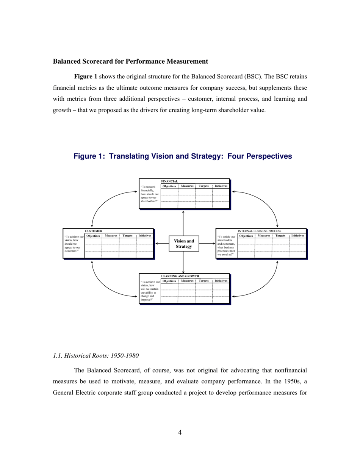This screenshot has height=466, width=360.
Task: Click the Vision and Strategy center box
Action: [x=184, y=244]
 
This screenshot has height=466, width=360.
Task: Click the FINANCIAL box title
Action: [x=169, y=181]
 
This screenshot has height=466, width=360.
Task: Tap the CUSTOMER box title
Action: [x=94, y=231]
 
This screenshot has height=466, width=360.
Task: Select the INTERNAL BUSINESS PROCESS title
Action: [x=259, y=231]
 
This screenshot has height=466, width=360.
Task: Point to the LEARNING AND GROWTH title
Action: [x=180, y=276]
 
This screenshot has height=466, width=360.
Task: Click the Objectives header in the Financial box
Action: [x=169, y=186]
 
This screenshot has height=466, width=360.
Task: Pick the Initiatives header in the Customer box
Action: [x=145, y=236]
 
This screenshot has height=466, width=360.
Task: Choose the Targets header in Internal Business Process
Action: [x=280, y=236]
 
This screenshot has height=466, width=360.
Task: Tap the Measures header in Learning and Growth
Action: [x=187, y=281]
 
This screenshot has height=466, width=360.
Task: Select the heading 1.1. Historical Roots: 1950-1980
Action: [x=96, y=355]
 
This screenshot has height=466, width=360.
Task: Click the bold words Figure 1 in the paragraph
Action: [x=86, y=77]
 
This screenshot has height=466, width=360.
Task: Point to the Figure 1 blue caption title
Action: [x=183, y=156]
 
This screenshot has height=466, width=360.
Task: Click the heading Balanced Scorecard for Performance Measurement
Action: [x=130, y=61]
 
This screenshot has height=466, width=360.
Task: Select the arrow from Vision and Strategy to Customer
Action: [x=162, y=244]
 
